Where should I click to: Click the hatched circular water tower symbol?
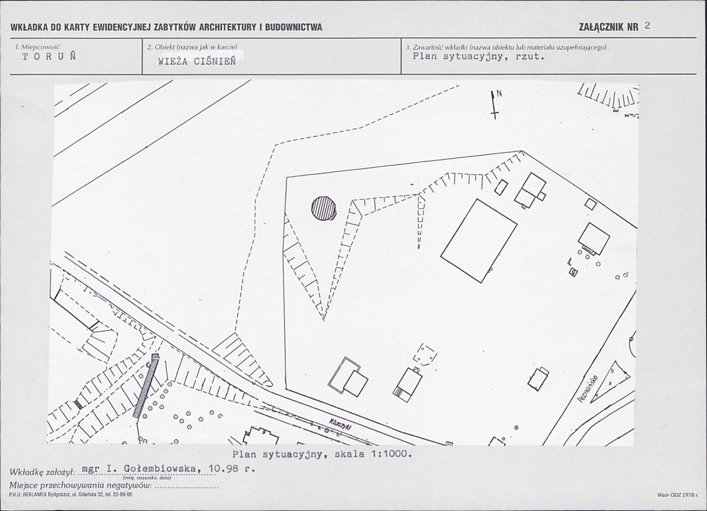pyautogui.click(x=324, y=209)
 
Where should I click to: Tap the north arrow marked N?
pyautogui.click(x=495, y=104)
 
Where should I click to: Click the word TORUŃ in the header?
pyautogui.click(x=49, y=57)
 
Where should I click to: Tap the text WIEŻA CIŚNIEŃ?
pyautogui.click(x=197, y=62)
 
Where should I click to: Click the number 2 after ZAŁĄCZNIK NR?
pyautogui.click(x=648, y=26)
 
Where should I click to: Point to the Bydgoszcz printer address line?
pyautogui.click(x=71, y=495)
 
